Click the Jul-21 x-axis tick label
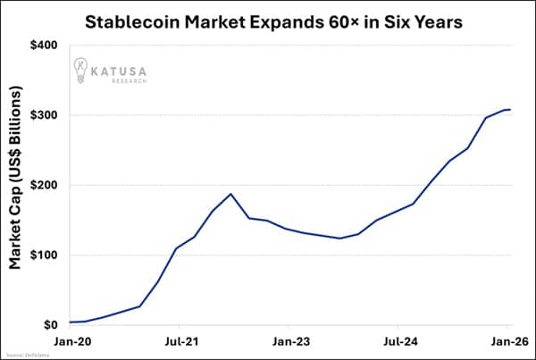click(180, 340)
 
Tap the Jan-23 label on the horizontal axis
click(289, 340)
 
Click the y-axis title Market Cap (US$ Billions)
click(17, 185)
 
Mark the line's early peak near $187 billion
click(231, 194)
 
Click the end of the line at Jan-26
click(509, 109)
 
